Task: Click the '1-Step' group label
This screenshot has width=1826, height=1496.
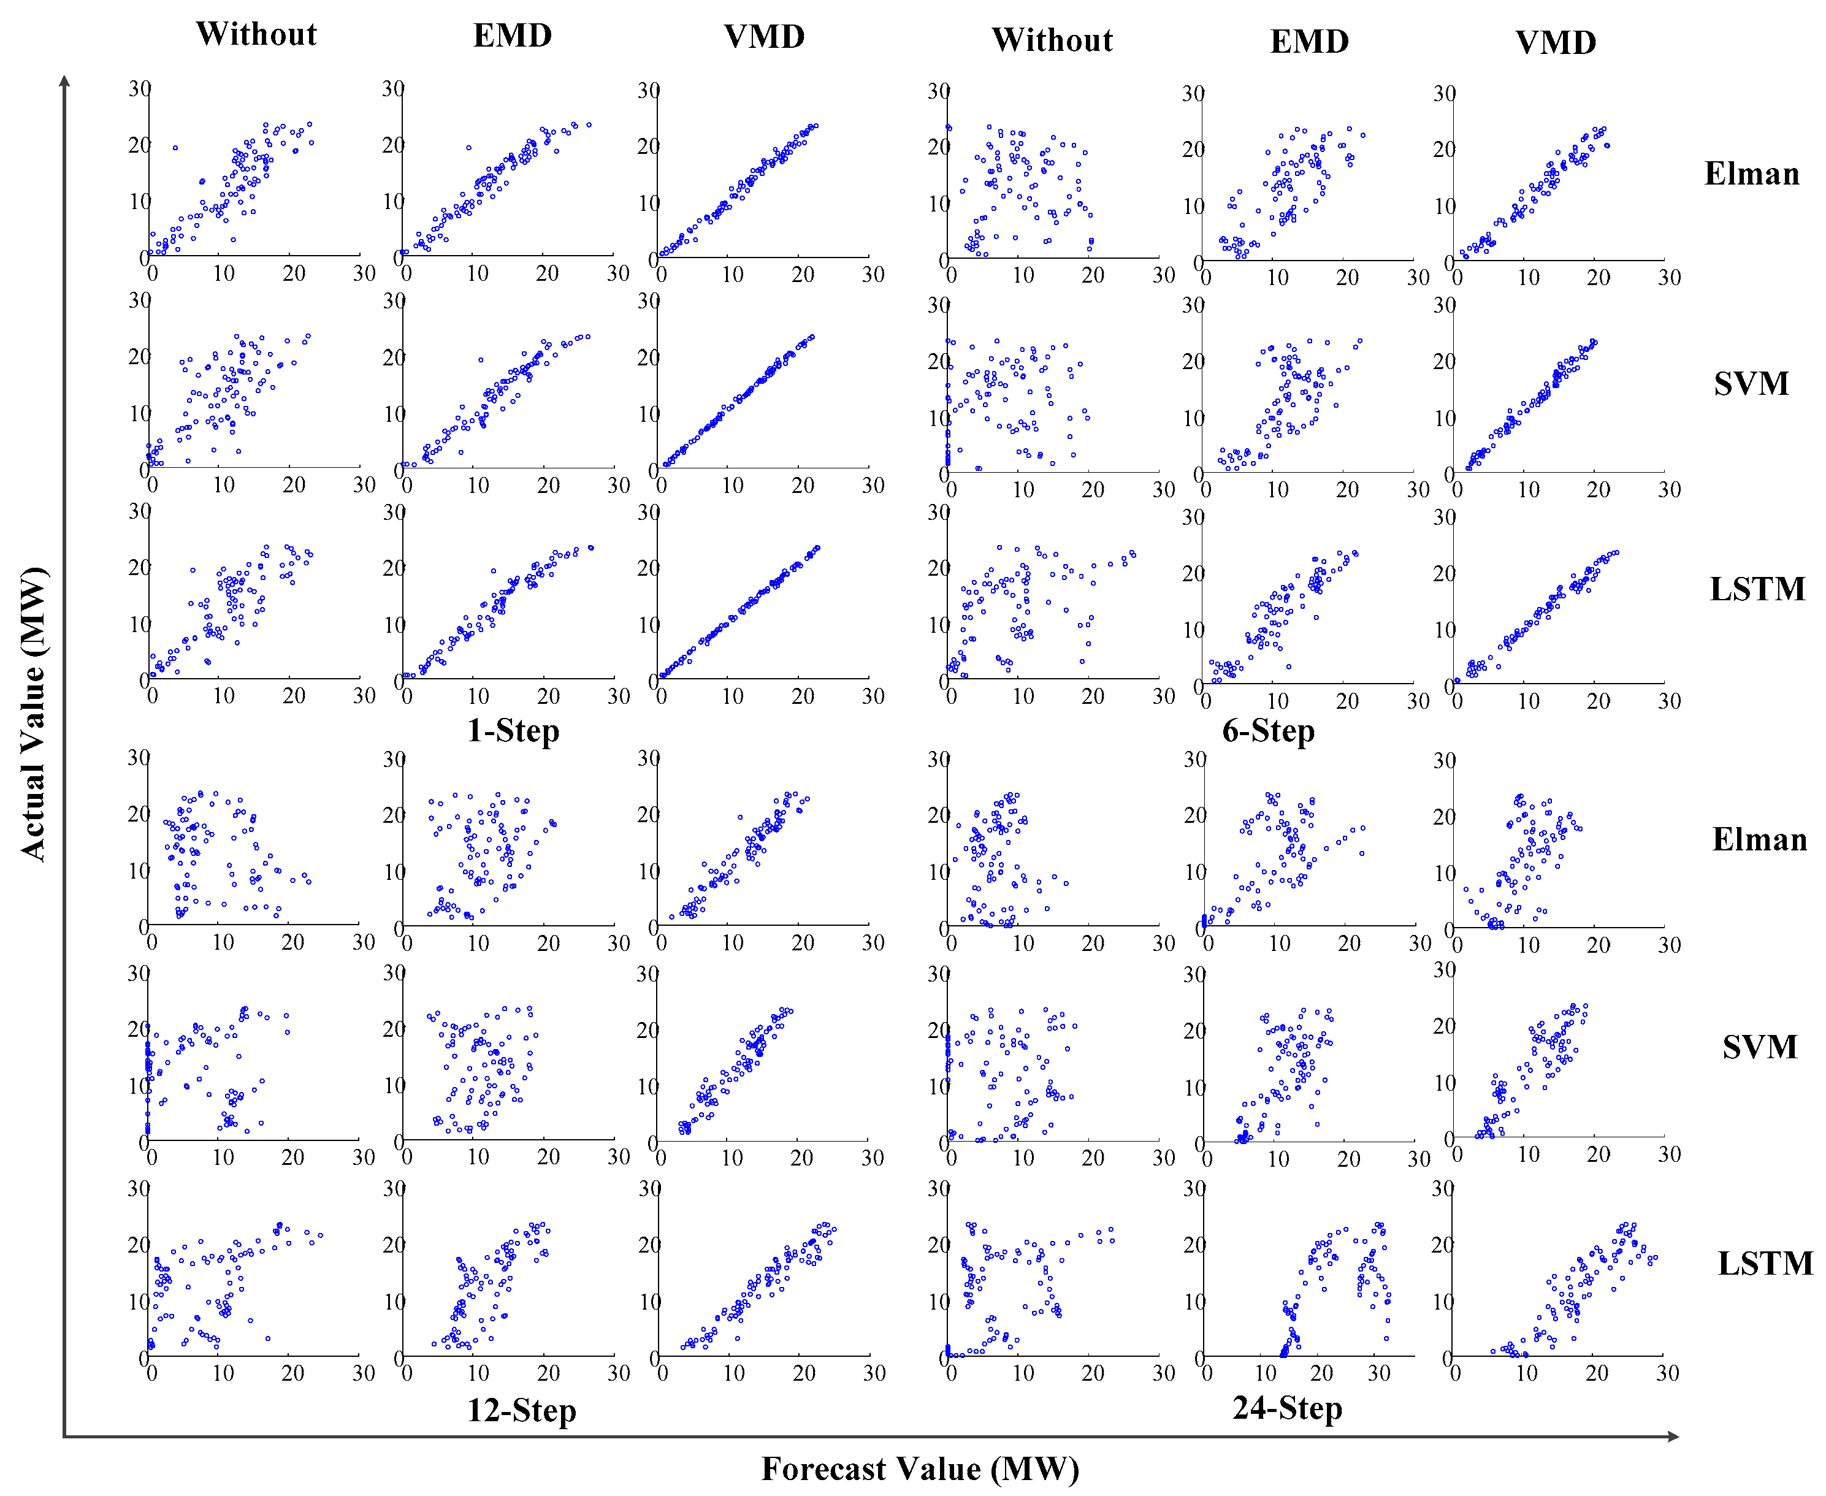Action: click(514, 731)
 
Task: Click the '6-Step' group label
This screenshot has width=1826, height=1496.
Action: click(1269, 731)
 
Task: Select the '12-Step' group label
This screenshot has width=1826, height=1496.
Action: click(521, 1411)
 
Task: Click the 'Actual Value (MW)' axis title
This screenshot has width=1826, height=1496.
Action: click(32, 714)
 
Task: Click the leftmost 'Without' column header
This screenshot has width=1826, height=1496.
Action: click(256, 34)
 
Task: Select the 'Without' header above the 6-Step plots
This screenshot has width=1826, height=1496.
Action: click(1052, 40)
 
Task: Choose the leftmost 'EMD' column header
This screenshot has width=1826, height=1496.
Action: click(513, 36)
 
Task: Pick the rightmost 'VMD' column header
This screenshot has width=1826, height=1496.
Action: click(1556, 42)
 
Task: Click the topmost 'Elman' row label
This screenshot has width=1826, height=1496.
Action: click(1752, 174)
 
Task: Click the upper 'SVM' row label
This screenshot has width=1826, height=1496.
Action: click(1751, 383)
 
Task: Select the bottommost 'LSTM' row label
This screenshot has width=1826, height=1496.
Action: click(1765, 1264)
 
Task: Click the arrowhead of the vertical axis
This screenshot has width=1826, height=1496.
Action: click(64, 81)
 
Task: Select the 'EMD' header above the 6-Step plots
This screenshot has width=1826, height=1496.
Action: click(1309, 41)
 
